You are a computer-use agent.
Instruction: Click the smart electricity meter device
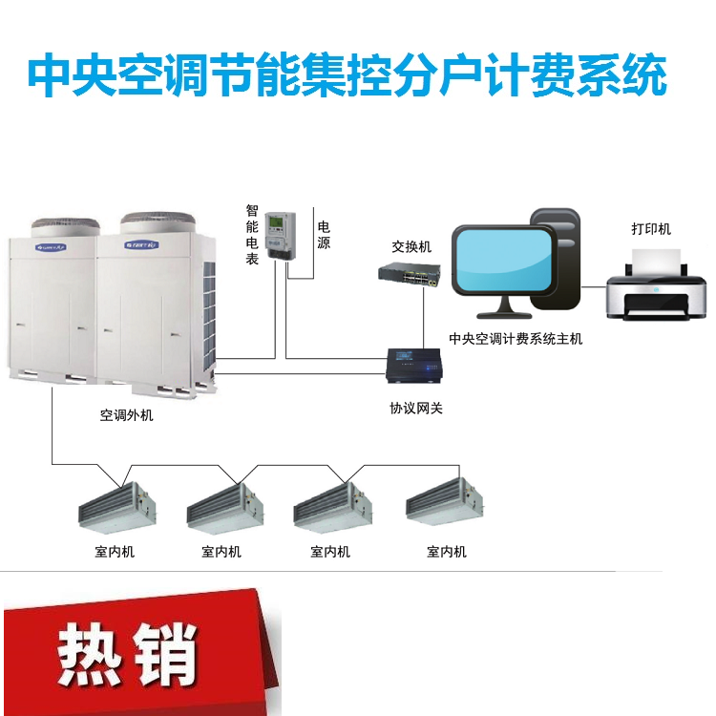[281, 237]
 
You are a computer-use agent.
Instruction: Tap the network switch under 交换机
[410, 274]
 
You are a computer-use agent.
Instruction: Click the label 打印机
[651, 229]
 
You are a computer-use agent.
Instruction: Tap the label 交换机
[411, 247]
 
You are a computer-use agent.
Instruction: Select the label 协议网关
[416, 409]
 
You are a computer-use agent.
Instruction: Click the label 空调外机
[126, 415]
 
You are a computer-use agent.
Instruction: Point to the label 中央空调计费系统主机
[516, 339]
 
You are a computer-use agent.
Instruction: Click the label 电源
[324, 235]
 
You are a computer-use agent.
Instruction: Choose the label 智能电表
[252, 235]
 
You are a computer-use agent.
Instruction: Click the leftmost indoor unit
[117, 508]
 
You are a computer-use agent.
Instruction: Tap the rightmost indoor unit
[445, 502]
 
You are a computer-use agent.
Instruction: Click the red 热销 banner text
[127, 654]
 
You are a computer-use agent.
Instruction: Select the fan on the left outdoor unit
[65, 227]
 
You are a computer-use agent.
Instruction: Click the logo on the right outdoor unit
[141, 244]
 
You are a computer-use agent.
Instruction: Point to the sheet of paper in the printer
[656, 262]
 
